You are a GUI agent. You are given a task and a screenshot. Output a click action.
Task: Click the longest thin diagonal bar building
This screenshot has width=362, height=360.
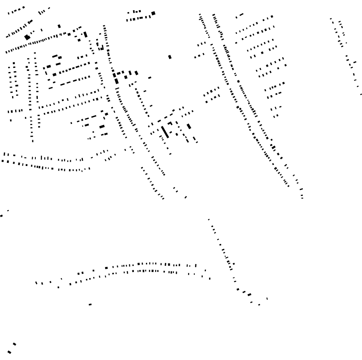[x=165, y=132]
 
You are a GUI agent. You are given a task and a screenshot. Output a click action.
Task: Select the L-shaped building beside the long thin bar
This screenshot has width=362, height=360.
[x=170, y=124]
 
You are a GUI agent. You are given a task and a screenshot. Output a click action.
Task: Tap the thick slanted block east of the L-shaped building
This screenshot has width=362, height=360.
[x=189, y=126]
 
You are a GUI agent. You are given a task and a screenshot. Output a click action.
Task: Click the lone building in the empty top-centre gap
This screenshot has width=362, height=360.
[x=170, y=57]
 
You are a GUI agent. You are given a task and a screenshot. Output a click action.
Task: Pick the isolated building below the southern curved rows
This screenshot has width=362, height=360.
[x=90, y=304]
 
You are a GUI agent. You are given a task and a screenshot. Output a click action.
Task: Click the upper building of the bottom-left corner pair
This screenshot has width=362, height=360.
[x=14, y=344]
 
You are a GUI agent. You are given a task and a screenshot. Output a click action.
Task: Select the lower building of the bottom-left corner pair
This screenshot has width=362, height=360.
[x=9, y=352]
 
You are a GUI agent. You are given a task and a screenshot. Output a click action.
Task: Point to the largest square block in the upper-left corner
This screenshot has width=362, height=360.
[x=27, y=37]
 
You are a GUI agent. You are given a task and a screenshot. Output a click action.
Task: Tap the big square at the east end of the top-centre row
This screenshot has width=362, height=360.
[x=153, y=13]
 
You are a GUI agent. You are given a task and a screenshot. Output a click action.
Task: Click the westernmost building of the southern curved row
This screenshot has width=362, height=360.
[x=36, y=283]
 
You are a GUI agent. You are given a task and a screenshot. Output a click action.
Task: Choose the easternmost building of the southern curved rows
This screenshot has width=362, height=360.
[x=209, y=279]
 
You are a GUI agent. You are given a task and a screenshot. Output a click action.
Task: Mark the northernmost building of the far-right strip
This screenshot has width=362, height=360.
[x=331, y=18]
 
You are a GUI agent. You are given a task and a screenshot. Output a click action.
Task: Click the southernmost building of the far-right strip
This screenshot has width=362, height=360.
[x=361, y=94]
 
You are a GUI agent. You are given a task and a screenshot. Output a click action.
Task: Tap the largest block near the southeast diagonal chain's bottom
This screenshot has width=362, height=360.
[x=249, y=295]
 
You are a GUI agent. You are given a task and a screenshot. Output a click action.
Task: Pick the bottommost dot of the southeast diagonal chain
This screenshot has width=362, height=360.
[x=259, y=305]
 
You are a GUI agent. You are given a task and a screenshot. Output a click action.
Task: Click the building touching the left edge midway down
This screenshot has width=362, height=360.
[x=1, y=215]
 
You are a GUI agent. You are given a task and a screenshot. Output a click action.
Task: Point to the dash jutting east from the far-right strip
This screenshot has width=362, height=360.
[x=355, y=62]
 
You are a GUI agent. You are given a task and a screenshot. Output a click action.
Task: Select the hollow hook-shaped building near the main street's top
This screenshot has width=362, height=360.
[x=101, y=48]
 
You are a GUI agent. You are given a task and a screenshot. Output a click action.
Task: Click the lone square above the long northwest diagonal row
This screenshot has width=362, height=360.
[x=59, y=26]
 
